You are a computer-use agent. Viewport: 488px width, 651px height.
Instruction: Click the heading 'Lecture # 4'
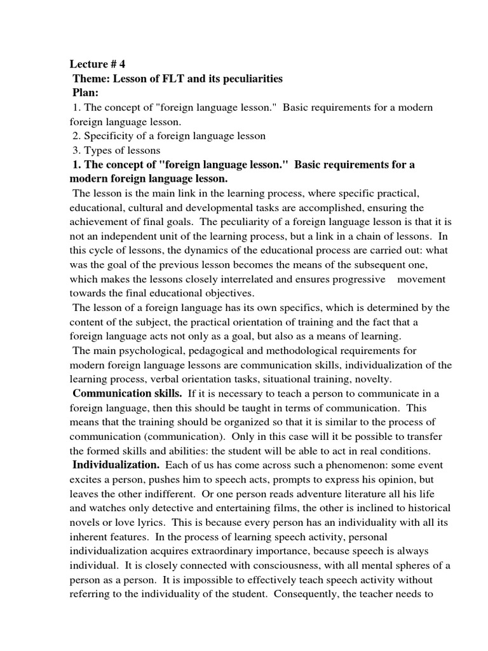click(101, 64)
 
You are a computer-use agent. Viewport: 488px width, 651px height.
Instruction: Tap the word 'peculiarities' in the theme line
click(252, 79)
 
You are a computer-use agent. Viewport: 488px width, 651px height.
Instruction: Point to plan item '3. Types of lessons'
click(116, 151)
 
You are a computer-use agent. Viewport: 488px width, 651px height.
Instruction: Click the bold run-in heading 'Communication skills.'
click(127, 394)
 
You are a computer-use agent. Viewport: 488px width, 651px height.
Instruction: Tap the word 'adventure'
click(302, 493)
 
